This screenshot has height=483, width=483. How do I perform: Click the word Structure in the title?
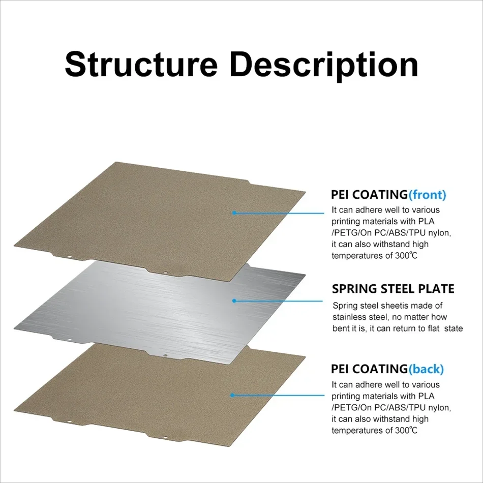pyautogui.click(x=141, y=65)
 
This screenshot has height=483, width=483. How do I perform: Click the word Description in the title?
pyautogui.click(x=324, y=65)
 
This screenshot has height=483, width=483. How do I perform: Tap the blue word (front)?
pyautogui.click(x=427, y=195)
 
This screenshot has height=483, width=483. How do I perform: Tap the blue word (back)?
pyautogui.click(x=426, y=369)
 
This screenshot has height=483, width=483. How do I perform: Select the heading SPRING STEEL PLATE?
pyautogui.click(x=393, y=289)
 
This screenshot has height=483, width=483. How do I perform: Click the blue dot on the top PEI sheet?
pyautogui.click(x=234, y=213)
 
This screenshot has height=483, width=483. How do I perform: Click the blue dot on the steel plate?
pyautogui.click(x=234, y=300)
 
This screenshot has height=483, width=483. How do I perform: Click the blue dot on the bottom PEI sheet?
pyautogui.click(x=233, y=394)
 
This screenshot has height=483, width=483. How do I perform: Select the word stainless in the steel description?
pyautogui.click(x=349, y=317)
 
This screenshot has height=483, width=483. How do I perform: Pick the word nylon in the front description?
pyautogui.click(x=439, y=232)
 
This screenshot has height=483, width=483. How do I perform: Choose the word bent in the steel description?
pyautogui.click(x=341, y=328)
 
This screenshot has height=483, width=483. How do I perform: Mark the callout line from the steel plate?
pyautogui.click(x=280, y=300)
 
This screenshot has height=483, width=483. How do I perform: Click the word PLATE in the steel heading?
pyautogui.click(x=436, y=289)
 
